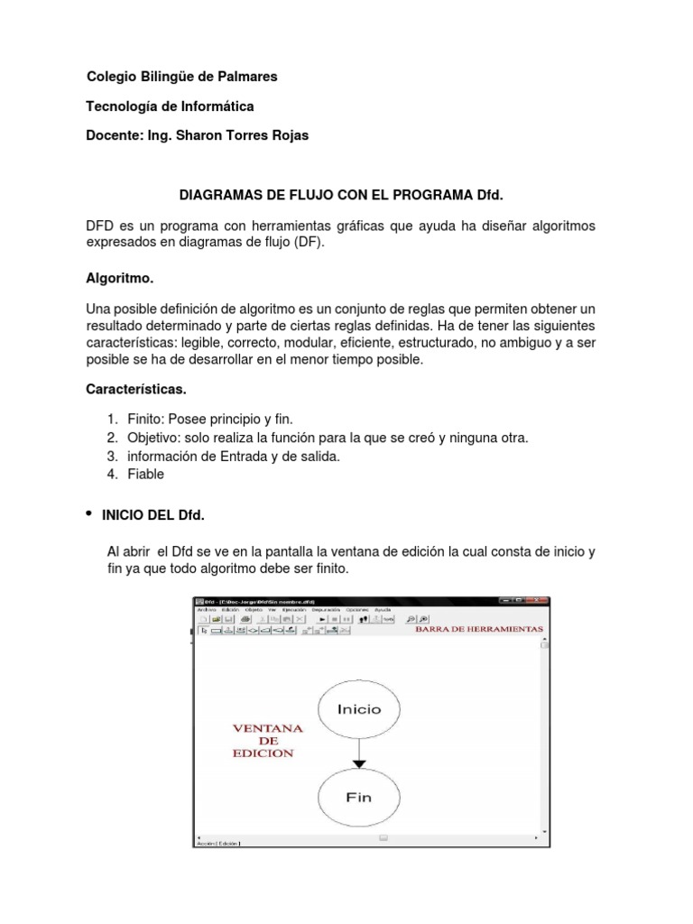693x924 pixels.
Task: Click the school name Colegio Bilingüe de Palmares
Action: click(181, 77)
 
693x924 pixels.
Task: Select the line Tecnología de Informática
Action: click(170, 106)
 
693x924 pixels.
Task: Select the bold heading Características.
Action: click(135, 390)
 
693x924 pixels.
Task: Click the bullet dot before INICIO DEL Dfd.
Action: click(89, 513)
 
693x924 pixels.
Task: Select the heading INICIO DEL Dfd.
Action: click(155, 515)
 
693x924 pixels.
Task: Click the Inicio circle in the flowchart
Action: click(359, 709)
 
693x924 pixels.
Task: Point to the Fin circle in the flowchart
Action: click(359, 798)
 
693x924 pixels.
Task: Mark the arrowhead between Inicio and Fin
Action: click(359, 763)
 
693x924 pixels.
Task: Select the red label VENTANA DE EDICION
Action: click(269, 740)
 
